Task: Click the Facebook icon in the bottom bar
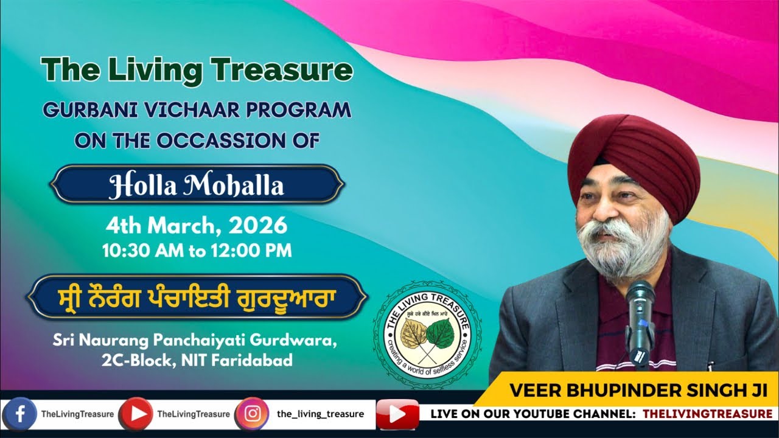(x=21, y=414)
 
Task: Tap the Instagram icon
(x=251, y=414)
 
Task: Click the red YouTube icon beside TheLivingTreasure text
(x=136, y=414)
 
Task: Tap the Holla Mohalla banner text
(x=197, y=185)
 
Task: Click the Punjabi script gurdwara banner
(x=197, y=298)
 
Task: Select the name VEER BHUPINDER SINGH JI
(x=631, y=390)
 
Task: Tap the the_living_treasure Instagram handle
(x=320, y=414)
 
